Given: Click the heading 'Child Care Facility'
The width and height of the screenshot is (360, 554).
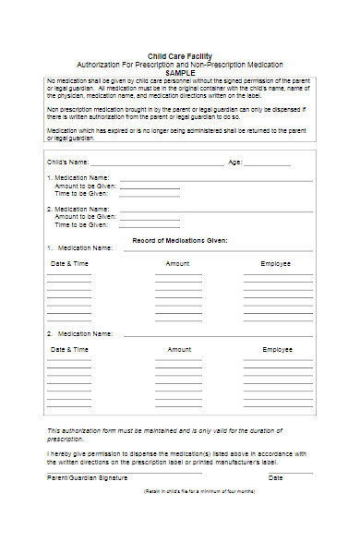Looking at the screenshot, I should [181, 56].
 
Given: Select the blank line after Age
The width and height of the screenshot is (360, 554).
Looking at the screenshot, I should [268, 163].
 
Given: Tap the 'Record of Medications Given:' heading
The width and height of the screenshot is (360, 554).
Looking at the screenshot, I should [180, 239].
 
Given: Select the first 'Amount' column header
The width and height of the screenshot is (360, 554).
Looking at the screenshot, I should [178, 263].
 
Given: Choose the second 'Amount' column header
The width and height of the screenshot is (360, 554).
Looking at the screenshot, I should [179, 350].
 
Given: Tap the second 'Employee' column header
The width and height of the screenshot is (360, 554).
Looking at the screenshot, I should [277, 350].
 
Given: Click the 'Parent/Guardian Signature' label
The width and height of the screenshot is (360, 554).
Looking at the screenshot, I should [87, 477].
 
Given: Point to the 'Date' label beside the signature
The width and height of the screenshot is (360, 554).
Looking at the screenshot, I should [276, 477].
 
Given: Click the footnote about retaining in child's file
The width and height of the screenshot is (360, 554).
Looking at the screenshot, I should [199, 492].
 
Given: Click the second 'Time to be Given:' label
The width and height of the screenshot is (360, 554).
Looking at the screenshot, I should [82, 224].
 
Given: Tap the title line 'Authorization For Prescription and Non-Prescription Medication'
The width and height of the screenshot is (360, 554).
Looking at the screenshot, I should [181, 64].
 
